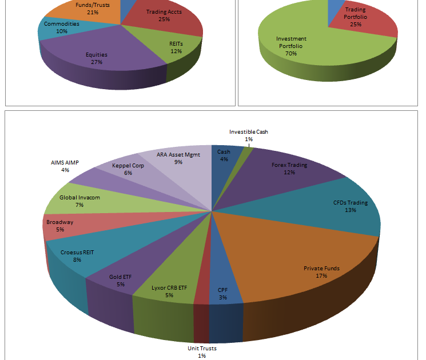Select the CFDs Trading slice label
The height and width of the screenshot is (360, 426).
click(351, 206)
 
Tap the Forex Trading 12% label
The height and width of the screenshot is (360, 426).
click(289, 169)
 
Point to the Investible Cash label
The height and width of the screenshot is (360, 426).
click(248, 135)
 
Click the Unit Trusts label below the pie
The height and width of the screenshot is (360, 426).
click(202, 352)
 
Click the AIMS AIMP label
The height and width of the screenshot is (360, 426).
click(65, 166)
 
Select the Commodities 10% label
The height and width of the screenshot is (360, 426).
click(62, 27)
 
